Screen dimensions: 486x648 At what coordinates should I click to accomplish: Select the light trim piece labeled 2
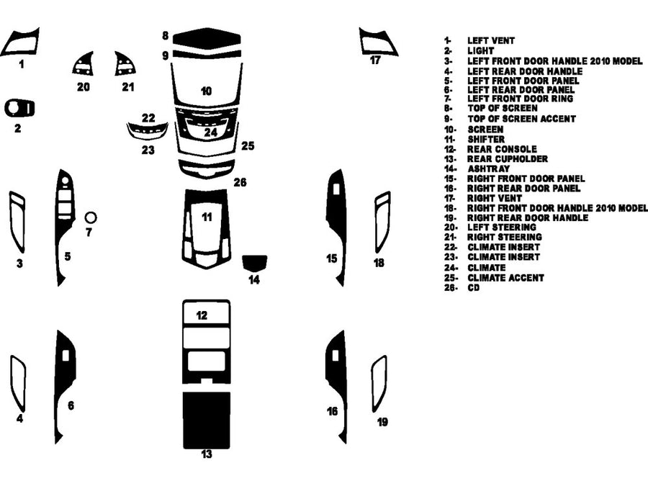click(x=19, y=108)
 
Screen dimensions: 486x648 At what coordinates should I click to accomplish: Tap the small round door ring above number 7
click(x=91, y=217)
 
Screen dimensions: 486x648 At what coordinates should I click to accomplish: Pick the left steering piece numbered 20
click(x=84, y=66)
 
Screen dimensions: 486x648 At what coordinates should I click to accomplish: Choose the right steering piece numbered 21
click(x=126, y=66)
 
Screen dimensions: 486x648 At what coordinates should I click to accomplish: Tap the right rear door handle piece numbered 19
click(x=379, y=382)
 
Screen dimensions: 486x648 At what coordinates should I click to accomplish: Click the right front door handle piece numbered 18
click(x=382, y=221)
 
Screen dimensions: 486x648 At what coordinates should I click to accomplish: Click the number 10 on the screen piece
click(x=207, y=91)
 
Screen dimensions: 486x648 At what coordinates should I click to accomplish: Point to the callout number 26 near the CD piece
click(x=240, y=183)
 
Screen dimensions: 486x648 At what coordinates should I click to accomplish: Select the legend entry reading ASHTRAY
click(x=488, y=168)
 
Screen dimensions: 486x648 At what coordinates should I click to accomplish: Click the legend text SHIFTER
click(x=486, y=139)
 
